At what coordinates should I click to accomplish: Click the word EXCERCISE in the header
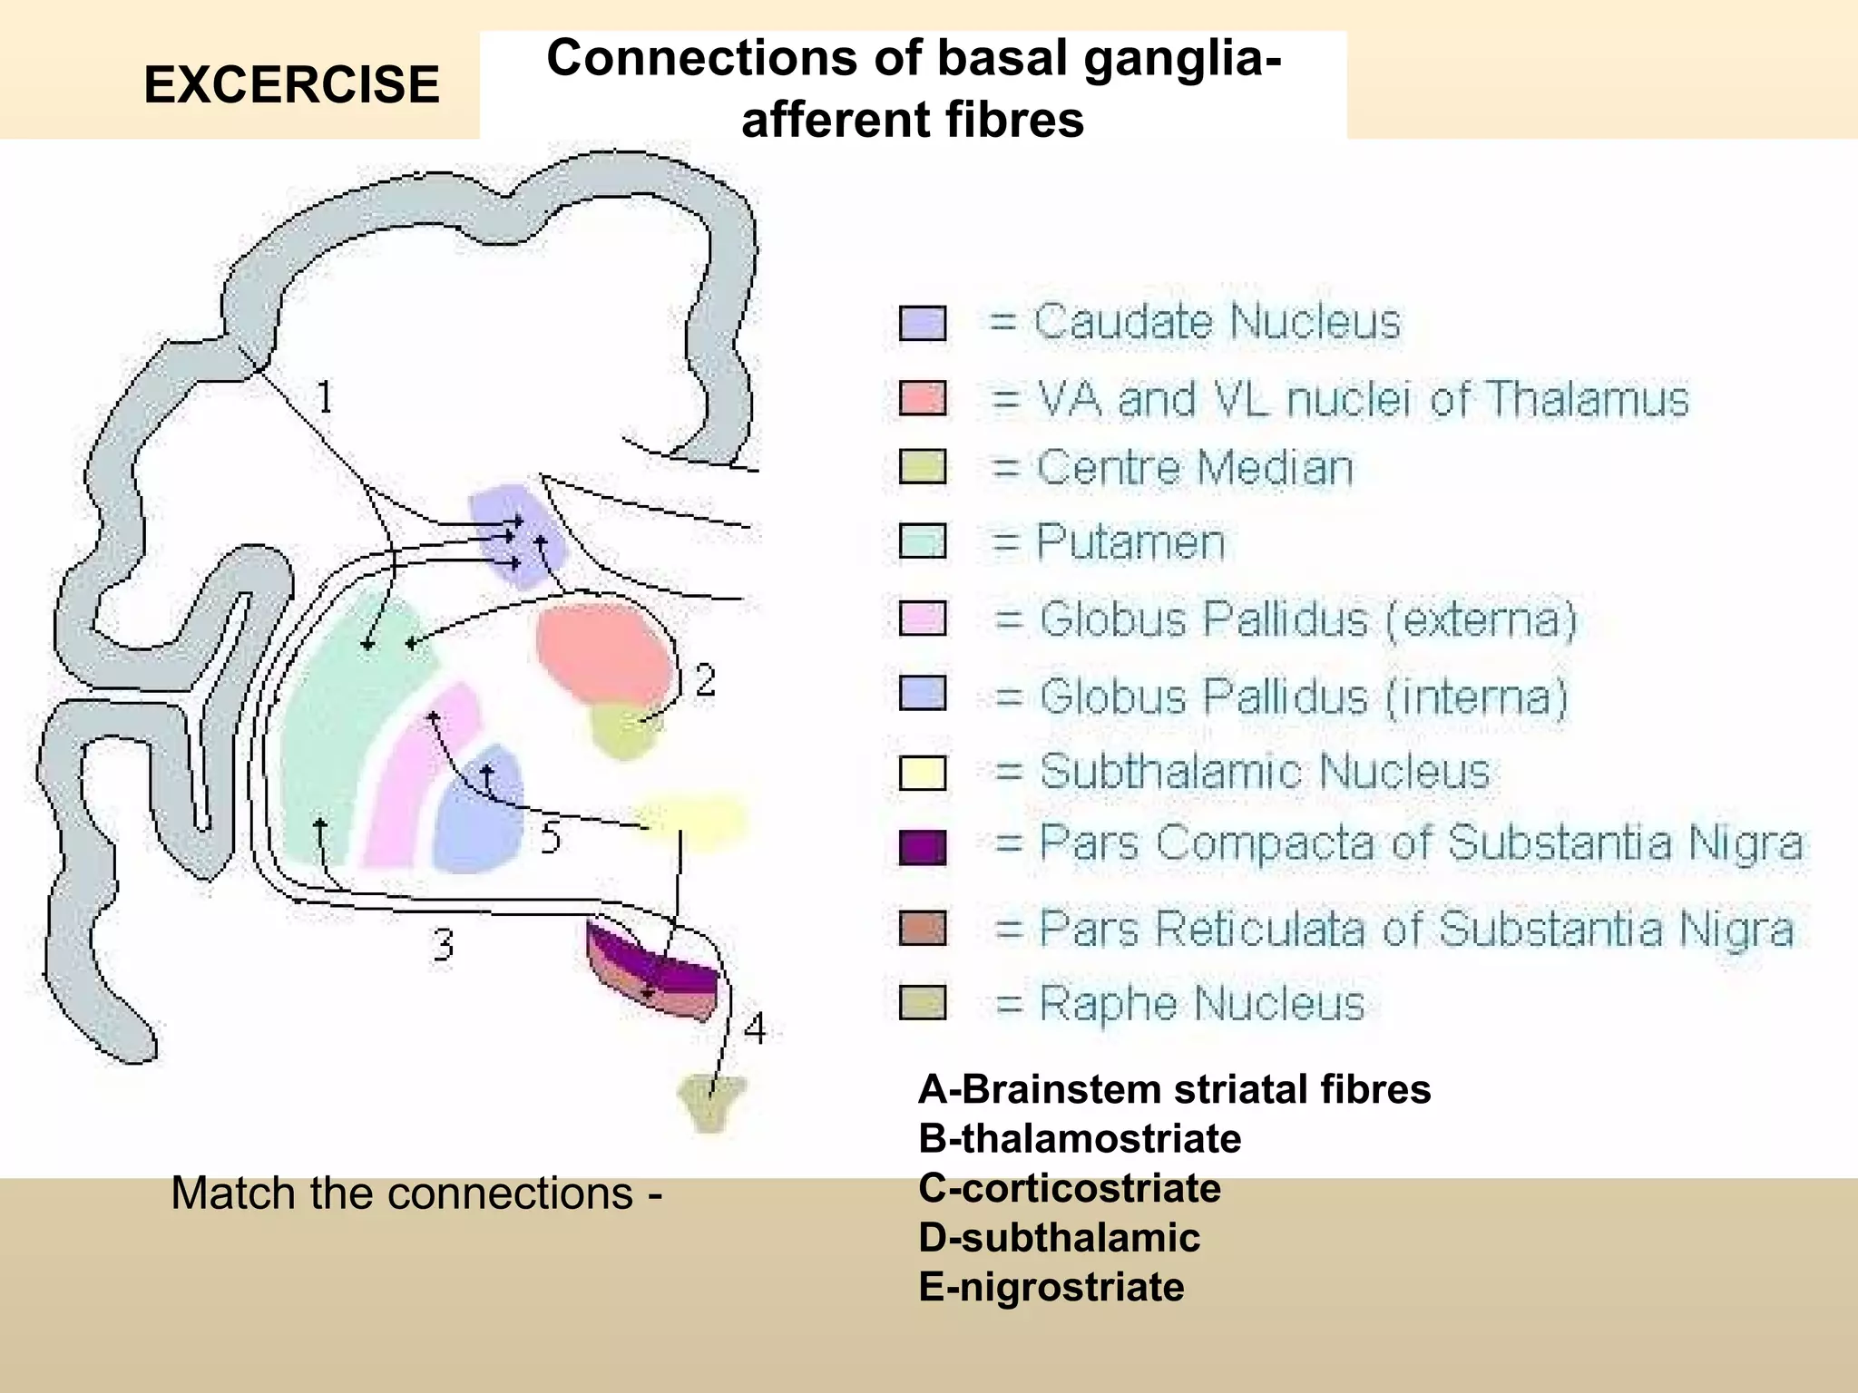point(291,85)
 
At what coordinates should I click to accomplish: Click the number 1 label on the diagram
point(324,396)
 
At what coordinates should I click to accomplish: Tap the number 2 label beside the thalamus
point(705,680)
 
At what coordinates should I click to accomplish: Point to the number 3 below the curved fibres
point(443,945)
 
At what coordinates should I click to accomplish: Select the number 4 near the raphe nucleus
point(755,1028)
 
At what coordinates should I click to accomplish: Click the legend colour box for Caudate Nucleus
point(923,323)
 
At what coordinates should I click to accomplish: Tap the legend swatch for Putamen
point(923,541)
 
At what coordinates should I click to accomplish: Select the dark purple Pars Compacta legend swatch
point(923,846)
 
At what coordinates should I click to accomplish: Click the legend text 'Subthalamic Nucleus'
point(1265,772)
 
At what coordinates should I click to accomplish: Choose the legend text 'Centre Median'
point(1194,468)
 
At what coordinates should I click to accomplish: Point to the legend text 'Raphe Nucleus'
point(1201,1003)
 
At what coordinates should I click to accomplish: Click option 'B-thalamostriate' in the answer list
point(1080,1138)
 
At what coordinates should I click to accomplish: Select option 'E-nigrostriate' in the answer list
point(1051,1287)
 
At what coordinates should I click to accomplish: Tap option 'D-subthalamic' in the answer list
point(1059,1238)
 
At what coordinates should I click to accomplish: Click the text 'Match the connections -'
point(416,1193)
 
